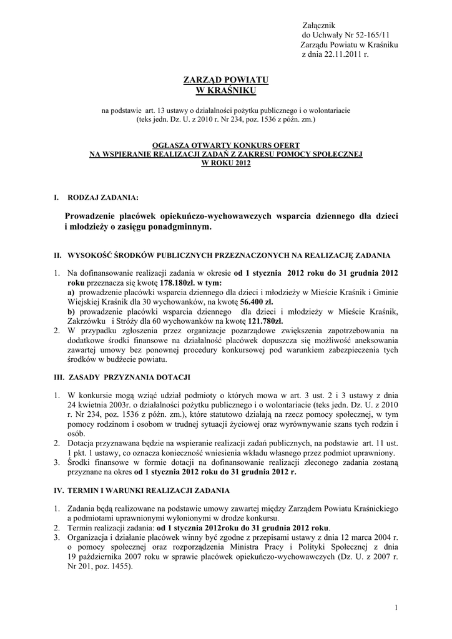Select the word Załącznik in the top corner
(x=318, y=24)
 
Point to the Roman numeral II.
(x=56, y=256)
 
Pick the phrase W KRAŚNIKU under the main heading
(x=225, y=91)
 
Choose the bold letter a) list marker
(x=71, y=292)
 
